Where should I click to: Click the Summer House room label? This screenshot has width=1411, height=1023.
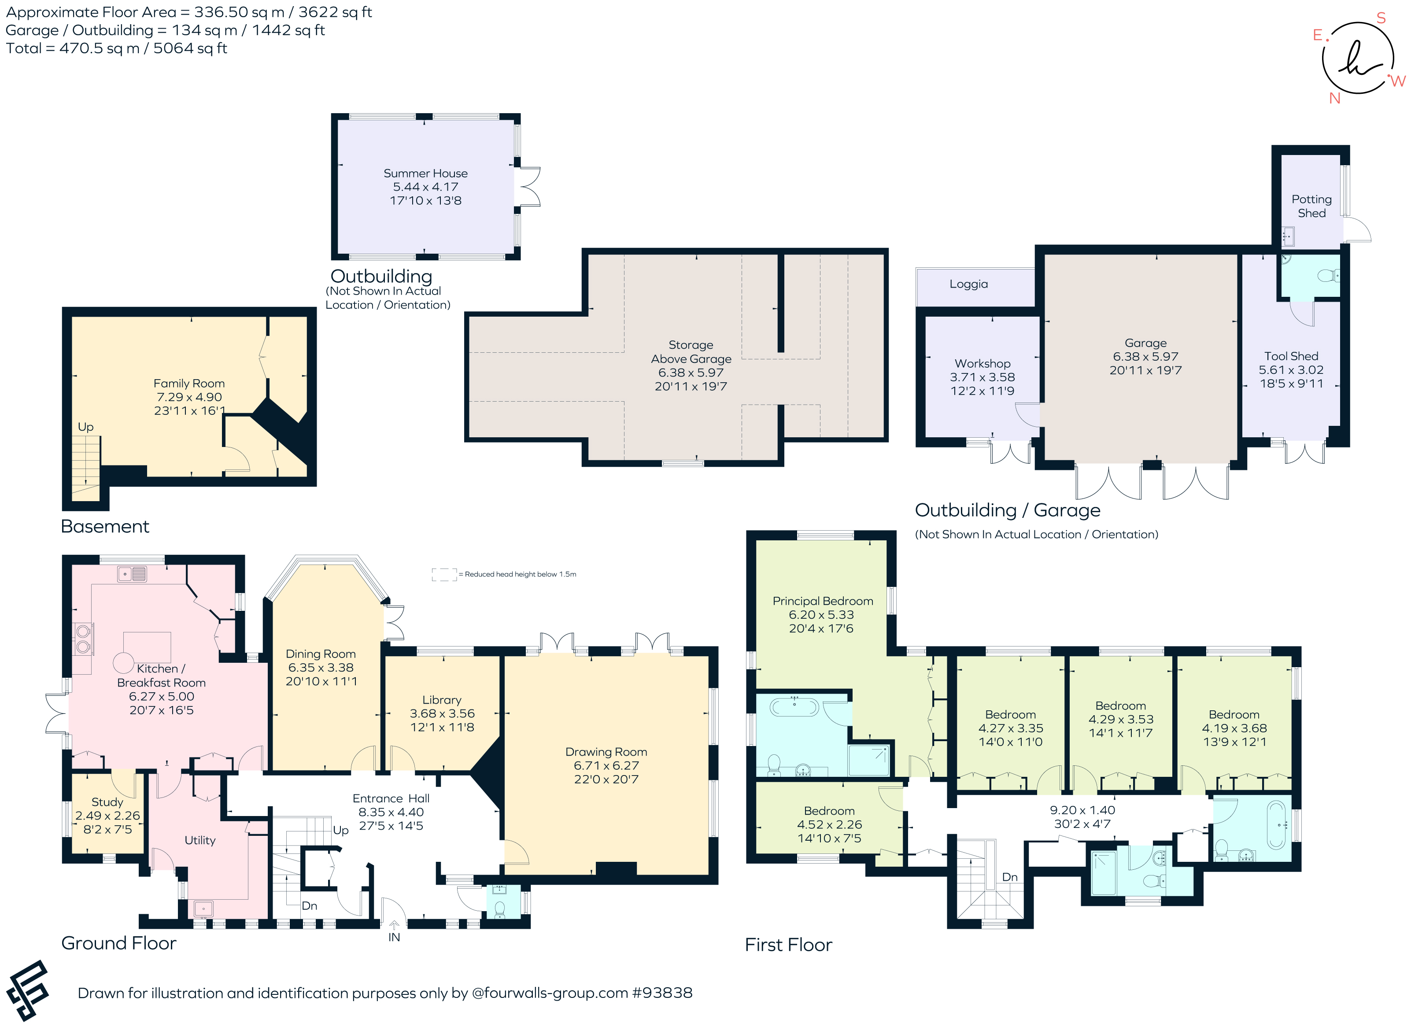425,174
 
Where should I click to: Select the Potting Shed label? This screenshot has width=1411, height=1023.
1311,206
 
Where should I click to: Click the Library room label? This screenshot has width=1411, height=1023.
442,700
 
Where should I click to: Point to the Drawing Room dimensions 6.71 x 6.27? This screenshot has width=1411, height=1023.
606,765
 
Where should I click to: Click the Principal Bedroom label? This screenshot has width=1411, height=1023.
823,601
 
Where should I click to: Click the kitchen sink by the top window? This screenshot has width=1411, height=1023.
132,574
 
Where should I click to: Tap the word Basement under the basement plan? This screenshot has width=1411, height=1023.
105,526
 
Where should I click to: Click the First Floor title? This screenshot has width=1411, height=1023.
788,945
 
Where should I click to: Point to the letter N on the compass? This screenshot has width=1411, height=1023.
1334,98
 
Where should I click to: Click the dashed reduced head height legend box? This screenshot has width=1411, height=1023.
444,574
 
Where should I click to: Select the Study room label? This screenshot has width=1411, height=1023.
107,802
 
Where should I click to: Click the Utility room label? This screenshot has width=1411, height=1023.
199,841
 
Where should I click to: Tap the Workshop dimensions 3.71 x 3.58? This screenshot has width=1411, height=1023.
983,377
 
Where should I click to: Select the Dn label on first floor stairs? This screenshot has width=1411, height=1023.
1010,877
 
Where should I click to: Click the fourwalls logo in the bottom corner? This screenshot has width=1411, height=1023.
27,990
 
